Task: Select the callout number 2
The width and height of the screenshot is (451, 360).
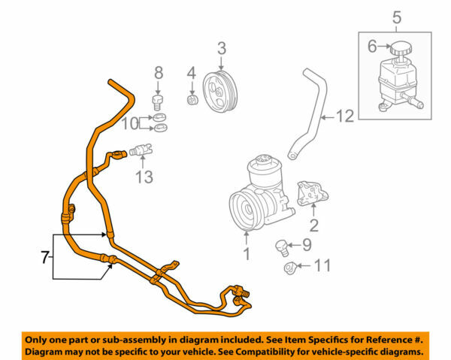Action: pos(314,225)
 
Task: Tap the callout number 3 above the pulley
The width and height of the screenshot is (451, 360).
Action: pos(222,49)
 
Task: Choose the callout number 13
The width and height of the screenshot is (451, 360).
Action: pos(144,177)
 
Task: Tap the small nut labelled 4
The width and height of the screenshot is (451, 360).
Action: pos(192,98)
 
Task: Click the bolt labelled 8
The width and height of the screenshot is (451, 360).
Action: pos(159,101)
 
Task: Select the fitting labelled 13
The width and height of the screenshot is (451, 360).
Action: pos(141,150)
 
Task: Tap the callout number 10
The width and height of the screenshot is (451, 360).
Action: pos(131,122)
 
